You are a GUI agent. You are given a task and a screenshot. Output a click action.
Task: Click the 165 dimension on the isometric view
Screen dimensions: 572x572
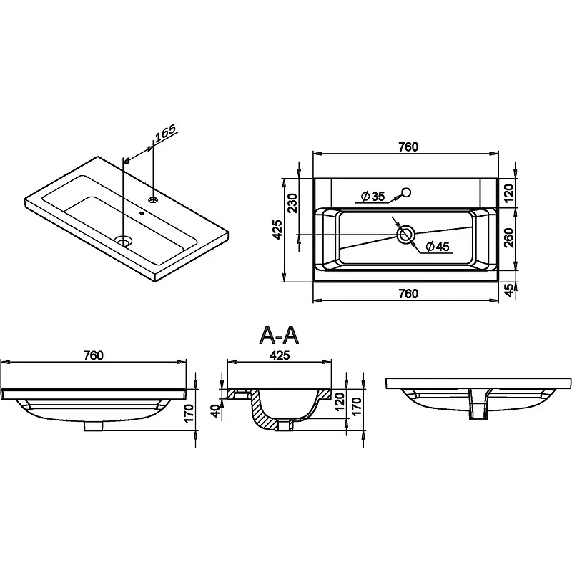[165, 133]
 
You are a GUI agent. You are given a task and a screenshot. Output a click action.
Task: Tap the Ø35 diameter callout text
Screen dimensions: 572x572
[373, 196]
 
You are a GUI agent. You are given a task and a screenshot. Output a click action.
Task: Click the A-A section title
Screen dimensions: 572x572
[279, 335]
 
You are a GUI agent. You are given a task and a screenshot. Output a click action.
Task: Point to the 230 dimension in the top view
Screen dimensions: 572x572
[292, 203]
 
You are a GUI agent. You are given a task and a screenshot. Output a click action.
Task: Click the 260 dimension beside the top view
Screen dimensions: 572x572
[509, 237]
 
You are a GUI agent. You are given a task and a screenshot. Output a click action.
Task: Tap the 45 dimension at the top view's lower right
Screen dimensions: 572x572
[509, 290]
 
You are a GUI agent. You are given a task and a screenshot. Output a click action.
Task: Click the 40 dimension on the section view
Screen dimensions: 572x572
[216, 410]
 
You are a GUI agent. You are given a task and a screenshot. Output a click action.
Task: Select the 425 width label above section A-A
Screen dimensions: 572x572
[279, 355]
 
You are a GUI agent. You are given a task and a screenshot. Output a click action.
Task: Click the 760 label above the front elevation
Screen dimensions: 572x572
[94, 355]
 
